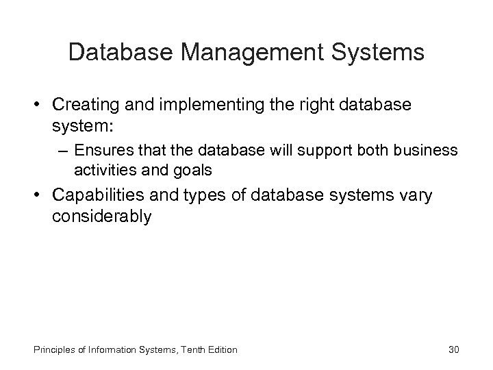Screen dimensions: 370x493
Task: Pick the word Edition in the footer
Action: [x=220, y=349]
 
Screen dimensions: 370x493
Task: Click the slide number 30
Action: [x=453, y=349]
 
